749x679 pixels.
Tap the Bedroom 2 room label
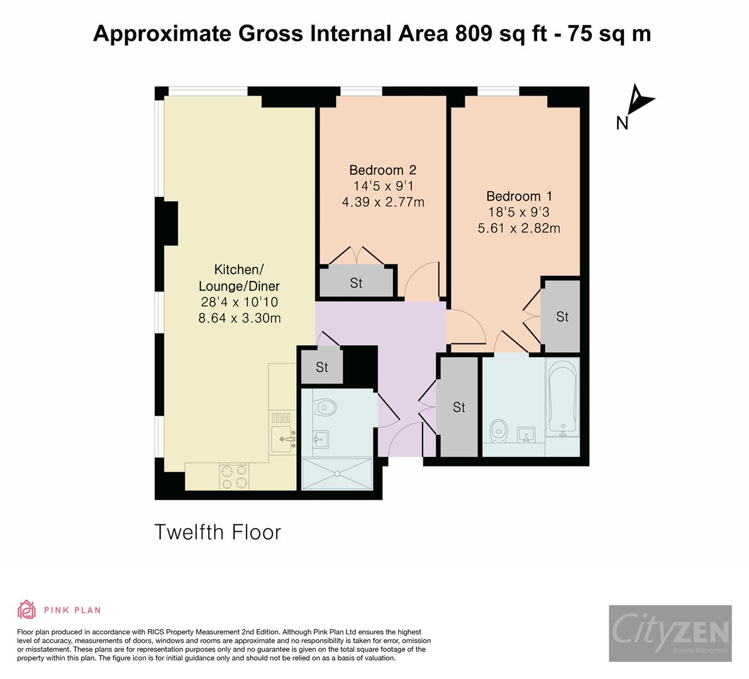[x=382, y=170]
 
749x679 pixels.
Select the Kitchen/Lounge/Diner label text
[x=238, y=278]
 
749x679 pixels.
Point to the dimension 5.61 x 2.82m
[x=519, y=228]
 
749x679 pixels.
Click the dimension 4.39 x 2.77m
[x=382, y=202]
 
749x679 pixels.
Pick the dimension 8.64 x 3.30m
[x=239, y=318]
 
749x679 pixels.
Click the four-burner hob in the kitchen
[x=234, y=476]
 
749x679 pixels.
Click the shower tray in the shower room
[x=338, y=474]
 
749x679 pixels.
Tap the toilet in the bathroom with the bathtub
[x=498, y=430]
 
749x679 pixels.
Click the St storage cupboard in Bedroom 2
[x=357, y=283]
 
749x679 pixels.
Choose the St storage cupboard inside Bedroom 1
[x=562, y=317]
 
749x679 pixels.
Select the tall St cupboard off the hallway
[x=458, y=407]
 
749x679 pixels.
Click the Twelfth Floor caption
[x=218, y=533]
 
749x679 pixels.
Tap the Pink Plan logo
[x=59, y=609]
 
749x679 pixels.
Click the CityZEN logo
[x=670, y=633]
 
